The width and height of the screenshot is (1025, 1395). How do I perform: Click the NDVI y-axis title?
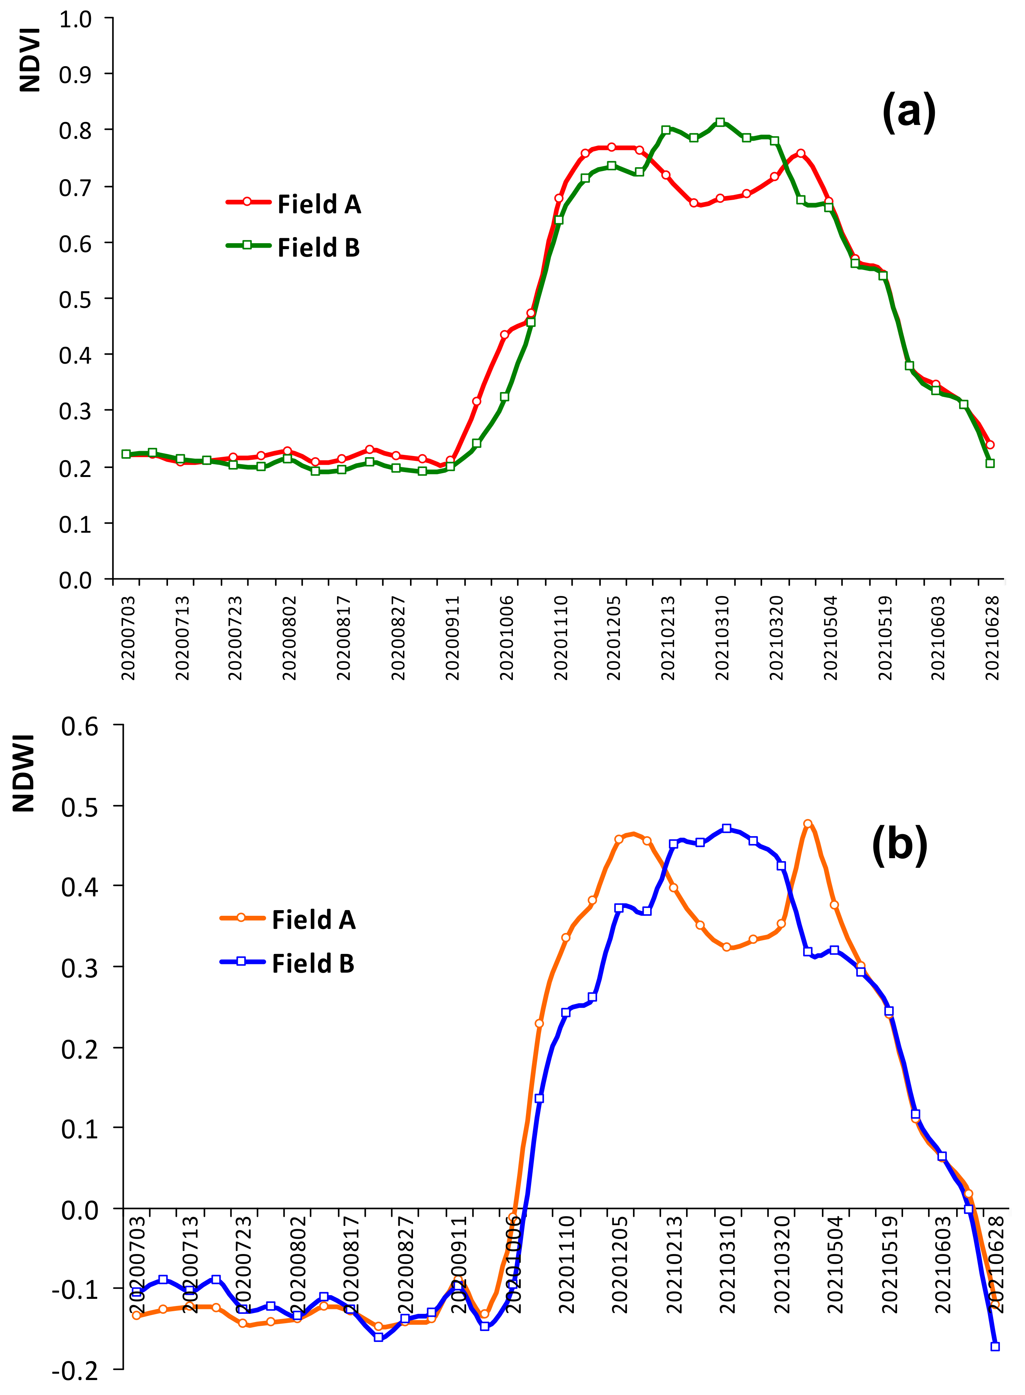pyautogui.click(x=30, y=60)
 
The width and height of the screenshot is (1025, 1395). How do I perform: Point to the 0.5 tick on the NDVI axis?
pyautogui.click(x=75, y=300)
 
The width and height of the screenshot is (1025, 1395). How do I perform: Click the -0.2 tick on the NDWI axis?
pyautogui.click(x=75, y=1370)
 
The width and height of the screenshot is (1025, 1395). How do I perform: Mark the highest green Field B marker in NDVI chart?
pyautogui.click(x=720, y=122)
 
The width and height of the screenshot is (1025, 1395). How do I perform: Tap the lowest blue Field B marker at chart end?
pyautogui.click(x=995, y=1347)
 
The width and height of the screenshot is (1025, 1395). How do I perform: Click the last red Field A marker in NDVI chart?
pyautogui.click(x=989, y=444)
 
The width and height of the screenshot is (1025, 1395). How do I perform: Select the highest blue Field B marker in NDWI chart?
pyautogui.click(x=726, y=829)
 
